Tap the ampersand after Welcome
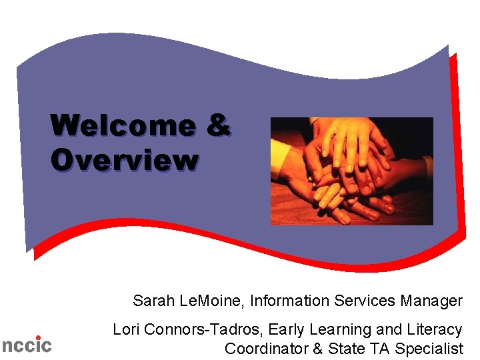(218, 125)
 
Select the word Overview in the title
(124, 160)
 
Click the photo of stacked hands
(351, 171)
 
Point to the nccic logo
(26, 345)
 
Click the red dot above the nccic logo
(38, 337)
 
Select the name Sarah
(154, 301)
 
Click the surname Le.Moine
(213, 301)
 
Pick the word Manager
(431, 301)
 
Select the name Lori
(127, 329)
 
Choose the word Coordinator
(265, 348)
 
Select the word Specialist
(429, 348)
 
